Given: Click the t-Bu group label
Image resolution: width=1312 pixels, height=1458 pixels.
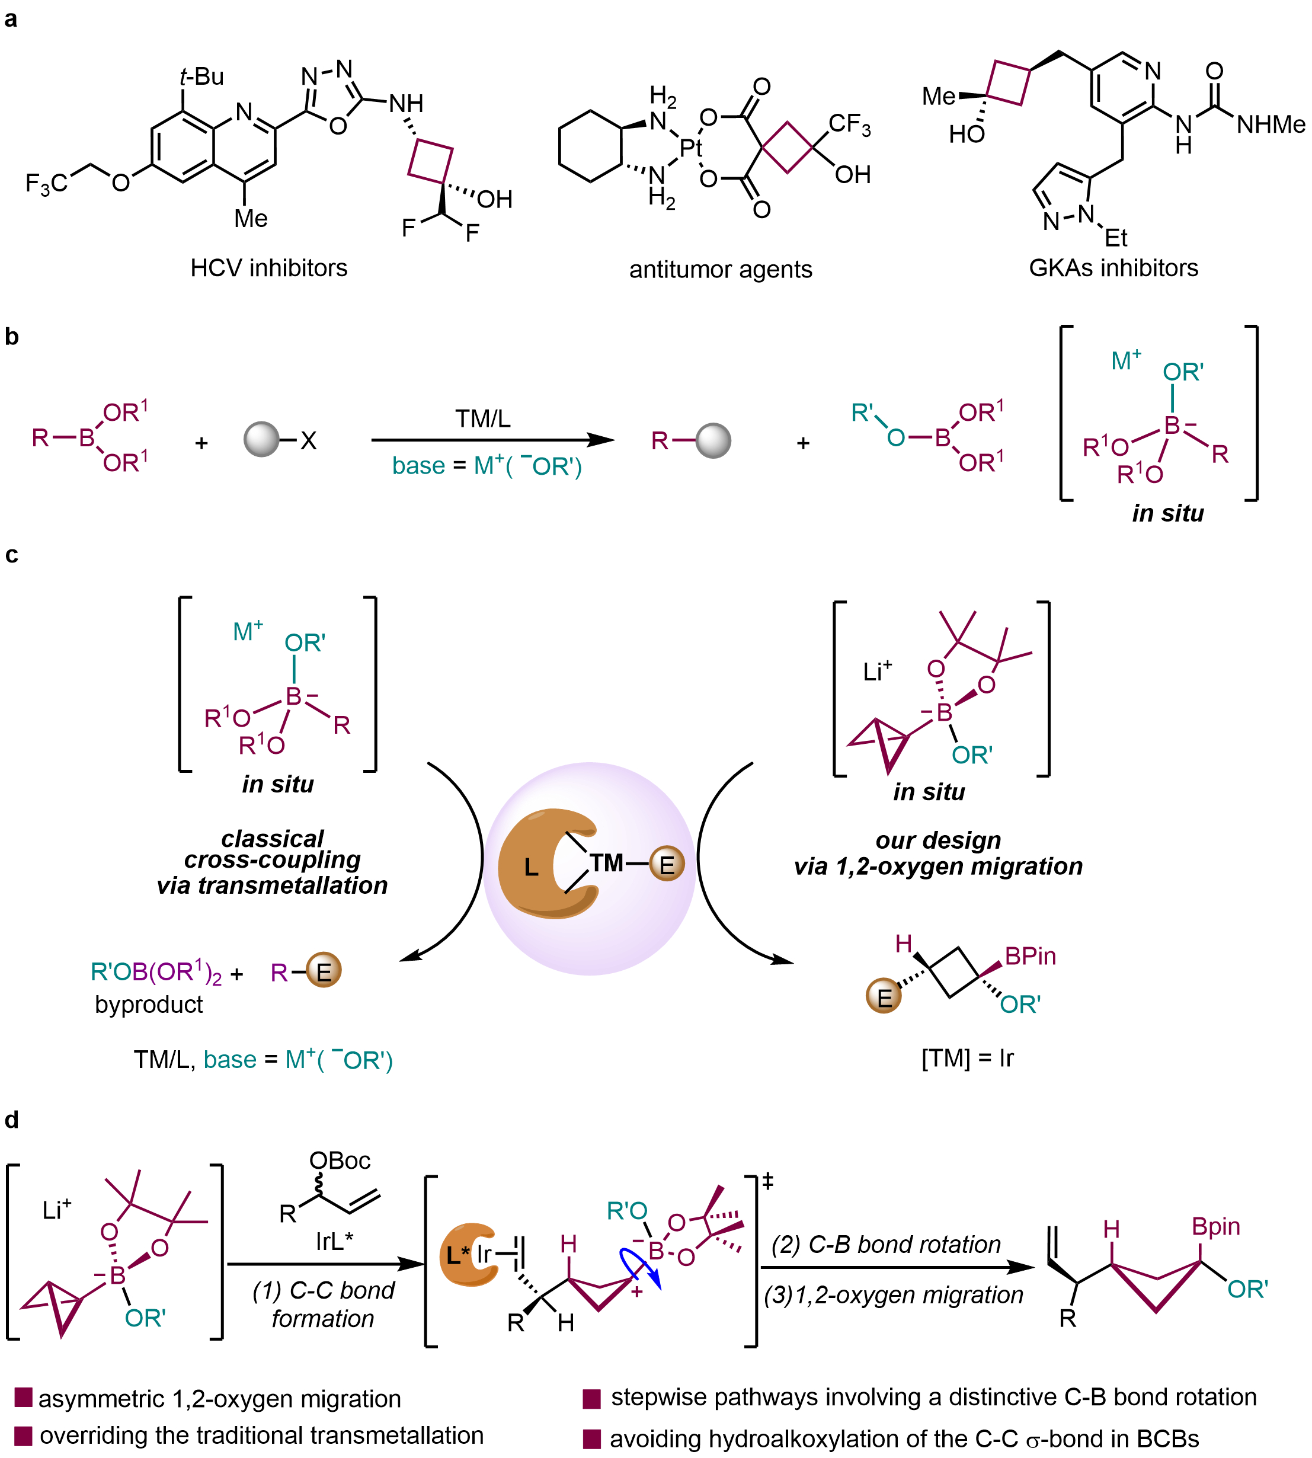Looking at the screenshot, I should [x=202, y=76].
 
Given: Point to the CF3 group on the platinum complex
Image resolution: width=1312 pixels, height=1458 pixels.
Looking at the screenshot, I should [x=849, y=124].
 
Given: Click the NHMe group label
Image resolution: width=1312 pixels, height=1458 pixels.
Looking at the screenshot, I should [x=1270, y=124].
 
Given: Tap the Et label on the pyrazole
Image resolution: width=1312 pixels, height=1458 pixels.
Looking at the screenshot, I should [x=1115, y=237].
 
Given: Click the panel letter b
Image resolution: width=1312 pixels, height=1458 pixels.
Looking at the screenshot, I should [x=11, y=336].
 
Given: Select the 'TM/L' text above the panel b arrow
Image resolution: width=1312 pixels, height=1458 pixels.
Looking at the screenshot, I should [x=482, y=418].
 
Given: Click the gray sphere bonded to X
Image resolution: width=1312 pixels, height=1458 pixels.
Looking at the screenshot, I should [x=261, y=439].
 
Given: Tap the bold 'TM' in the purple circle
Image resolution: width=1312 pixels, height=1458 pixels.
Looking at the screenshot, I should [x=606, y=862].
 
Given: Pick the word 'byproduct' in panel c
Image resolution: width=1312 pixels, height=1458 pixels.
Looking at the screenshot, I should [x=149, y=1004].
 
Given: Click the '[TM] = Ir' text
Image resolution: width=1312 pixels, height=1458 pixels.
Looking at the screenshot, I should [x=968, y=1058].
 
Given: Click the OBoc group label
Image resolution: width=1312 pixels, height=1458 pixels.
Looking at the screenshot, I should [x=340, y=1160].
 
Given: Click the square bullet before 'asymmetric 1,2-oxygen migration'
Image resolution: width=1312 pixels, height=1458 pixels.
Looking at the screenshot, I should [x=23, y=1397].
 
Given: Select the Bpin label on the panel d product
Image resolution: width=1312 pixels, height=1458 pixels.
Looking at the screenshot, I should [x=1215, y=1226].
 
